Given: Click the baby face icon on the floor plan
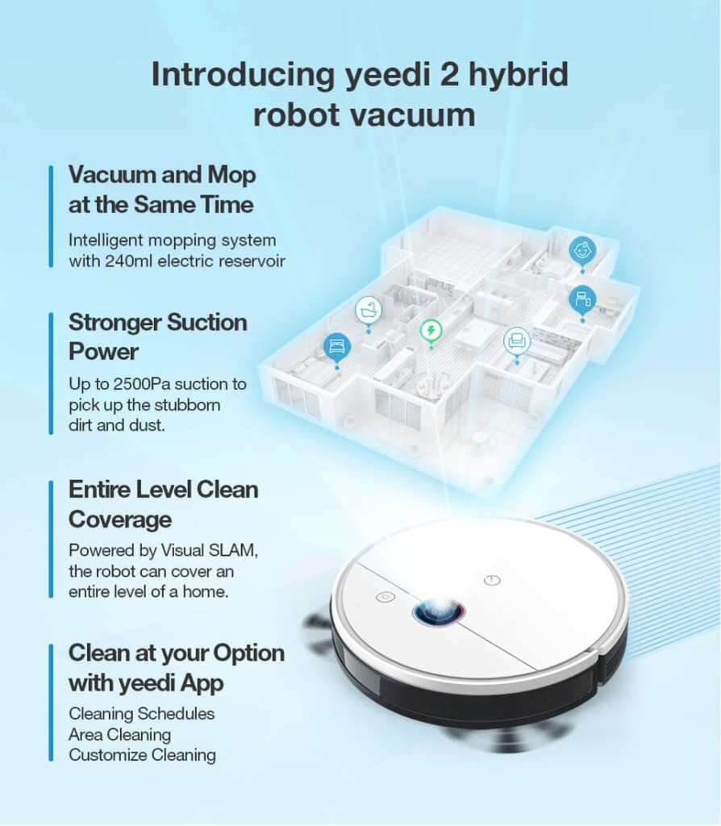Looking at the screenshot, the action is click(582, 250).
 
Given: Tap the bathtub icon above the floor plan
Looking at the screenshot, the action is click(369, 311).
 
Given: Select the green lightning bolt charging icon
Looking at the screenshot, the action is click(431, 332).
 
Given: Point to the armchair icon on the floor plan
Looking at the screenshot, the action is click(517, 341).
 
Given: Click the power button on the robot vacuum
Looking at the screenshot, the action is click(491, 581).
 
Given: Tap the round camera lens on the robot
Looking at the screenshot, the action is click(438, 611).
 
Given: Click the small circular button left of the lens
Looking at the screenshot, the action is click(386, 598).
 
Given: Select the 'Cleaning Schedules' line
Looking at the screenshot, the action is click(142, 714).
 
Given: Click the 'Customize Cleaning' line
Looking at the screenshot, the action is click(142, 755).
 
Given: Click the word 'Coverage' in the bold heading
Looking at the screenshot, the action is click(120, 520).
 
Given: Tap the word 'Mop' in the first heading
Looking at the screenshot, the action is click(231, 176).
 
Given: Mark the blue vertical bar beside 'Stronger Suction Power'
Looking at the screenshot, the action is click(51, 373).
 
